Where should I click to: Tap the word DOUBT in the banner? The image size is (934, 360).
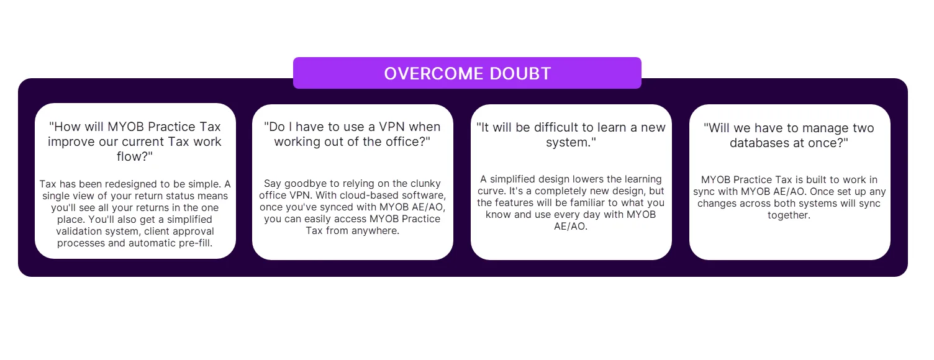coord(520,74)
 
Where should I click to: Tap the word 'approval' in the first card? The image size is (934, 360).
coord(194,232)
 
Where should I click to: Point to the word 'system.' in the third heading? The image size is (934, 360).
coord(571,143)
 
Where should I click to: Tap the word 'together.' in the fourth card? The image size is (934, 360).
coord(789,215)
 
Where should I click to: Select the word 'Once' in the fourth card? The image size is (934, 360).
coord(820,192)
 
